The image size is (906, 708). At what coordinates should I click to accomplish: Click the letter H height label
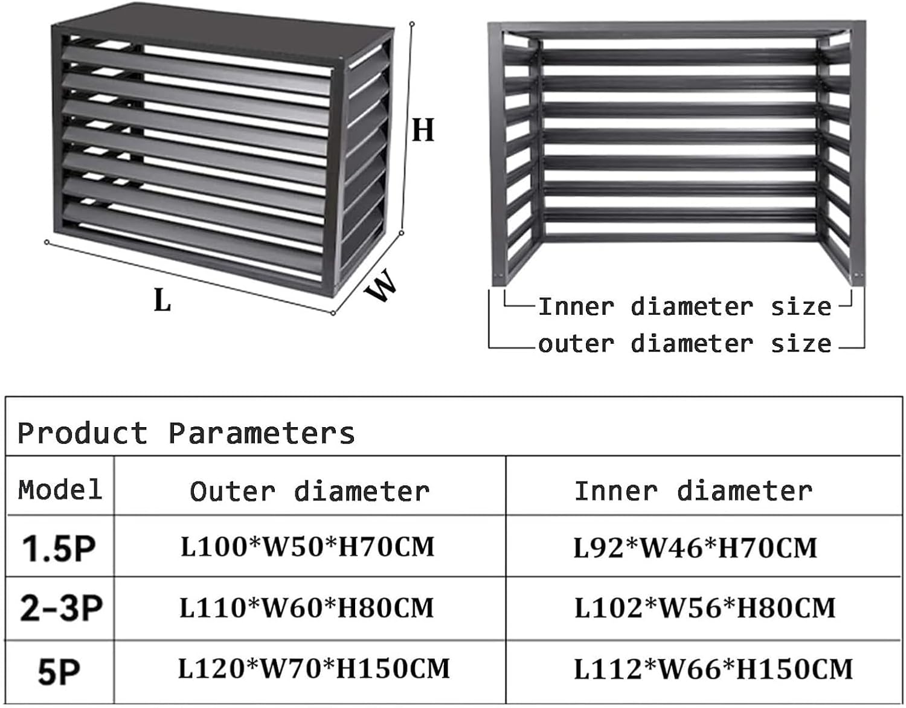click(x=423, y=130)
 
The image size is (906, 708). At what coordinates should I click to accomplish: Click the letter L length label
click(x=162, y=300)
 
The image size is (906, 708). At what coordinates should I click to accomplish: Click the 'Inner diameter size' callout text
click(x=684, y=307)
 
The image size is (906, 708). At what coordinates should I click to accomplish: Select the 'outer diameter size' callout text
click(x=684, y=344)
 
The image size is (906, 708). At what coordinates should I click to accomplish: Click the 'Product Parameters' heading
click(x=186, y=433)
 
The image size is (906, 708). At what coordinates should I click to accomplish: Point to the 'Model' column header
click(x=60, y=489)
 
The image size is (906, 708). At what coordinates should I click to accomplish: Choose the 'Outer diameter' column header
click(x=309, y=491)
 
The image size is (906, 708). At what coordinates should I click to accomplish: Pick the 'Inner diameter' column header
click(x=693, y=491)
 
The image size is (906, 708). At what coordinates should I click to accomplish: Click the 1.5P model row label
click(x=59, y=548)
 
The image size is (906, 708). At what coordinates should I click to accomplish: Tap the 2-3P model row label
click(x=61, y=608)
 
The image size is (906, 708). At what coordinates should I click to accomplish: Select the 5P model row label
click(x=59, y=672)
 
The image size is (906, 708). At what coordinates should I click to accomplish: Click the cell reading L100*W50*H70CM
click(x=307, y=547)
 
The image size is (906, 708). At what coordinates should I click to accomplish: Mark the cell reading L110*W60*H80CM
click(x=307, y=608)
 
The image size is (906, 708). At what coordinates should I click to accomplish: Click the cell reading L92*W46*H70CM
click(x=695, y=547)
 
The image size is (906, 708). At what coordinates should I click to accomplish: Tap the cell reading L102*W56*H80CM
click(x=705, y=608)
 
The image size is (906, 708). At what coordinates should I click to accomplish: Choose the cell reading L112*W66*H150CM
click(x=713, y=669)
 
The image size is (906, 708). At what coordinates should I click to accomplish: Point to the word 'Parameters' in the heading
click(x=262, y=433)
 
